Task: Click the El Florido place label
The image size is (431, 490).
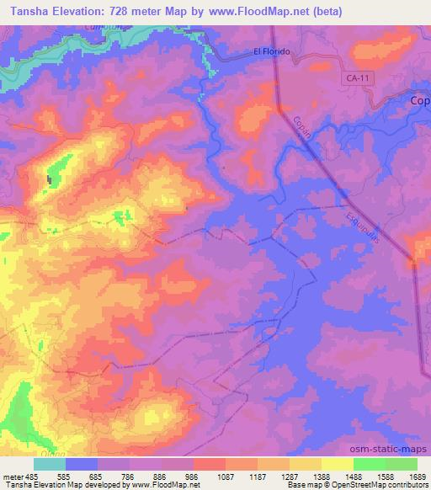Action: (272, 51)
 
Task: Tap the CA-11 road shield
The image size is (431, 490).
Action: (357, 77)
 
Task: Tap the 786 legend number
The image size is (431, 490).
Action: (129, 476)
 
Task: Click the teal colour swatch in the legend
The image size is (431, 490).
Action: (51, 464)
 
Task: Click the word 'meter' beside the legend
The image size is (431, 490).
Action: (14, 476)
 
